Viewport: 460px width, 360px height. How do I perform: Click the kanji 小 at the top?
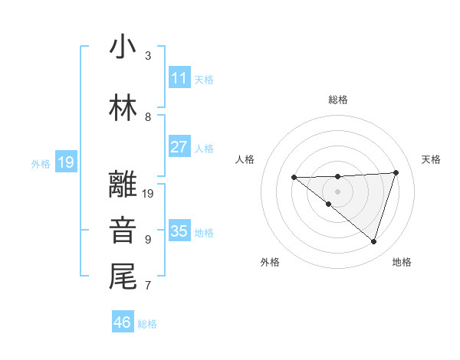point(123,47)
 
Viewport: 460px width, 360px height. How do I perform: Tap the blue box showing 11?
point(179,78)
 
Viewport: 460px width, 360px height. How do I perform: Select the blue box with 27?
point(179,147)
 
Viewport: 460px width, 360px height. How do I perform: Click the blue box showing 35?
point(179,231)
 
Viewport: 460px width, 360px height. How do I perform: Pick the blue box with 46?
point(122,322)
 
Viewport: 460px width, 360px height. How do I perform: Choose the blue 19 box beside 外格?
point(65,162)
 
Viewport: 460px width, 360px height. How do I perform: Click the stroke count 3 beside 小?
point(148,56)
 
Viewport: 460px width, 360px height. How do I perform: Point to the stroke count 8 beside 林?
point(148,117)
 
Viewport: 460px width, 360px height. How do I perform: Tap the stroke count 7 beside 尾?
point(148,286)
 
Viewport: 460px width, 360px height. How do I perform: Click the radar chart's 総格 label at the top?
point(337,100)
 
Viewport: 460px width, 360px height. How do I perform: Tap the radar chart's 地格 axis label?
point(402,262)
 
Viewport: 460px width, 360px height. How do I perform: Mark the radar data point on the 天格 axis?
point(396,172)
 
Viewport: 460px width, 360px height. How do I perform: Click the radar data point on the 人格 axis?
point(294,178)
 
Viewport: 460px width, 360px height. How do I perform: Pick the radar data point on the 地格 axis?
point(373,241)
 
